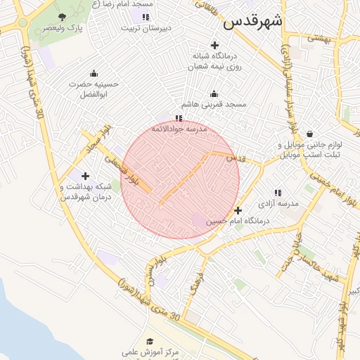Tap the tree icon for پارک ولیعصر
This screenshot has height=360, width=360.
click(x=63, y=16)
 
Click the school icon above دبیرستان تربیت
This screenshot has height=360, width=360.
click(x=146, y=17)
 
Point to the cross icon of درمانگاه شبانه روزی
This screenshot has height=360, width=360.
click(x=214, y=45)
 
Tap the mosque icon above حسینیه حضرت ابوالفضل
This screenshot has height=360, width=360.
click(x=94, y=73)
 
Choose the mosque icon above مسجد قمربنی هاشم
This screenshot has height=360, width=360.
click(x=214, y=94)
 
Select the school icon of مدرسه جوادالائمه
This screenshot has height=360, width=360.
click(x=179, y=119)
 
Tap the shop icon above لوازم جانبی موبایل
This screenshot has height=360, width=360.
click(x=309, y=134)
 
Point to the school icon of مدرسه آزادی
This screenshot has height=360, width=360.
click(x=278, y=192)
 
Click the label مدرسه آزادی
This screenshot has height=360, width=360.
click(x=278, y=203)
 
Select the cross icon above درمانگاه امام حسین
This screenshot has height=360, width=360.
click(x=238, y=210)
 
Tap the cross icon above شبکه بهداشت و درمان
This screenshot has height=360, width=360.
click(x=86, y=176)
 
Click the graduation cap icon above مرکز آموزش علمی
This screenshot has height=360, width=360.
click(x=150, y=341)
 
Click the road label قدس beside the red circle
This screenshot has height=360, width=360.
click(x=236, y=159)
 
